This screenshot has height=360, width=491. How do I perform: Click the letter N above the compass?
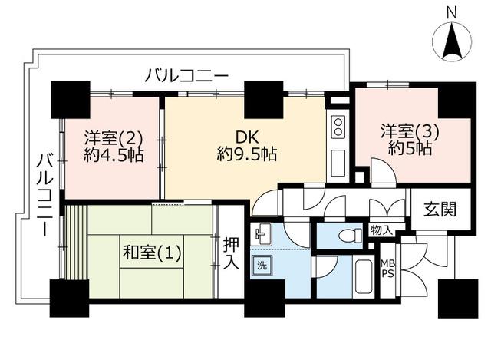click(451, 13)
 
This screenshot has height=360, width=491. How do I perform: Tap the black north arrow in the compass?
click(452, 40)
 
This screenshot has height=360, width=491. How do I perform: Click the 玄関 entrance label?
click(440, 209)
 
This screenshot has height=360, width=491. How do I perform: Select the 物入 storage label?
click(382, 230)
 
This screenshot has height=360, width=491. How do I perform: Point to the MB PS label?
click(387, 269)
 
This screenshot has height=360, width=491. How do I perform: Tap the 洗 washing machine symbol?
click(262, 266)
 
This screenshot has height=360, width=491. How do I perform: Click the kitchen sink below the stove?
click(338, 163)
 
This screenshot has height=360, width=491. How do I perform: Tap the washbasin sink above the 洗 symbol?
click(262, 234)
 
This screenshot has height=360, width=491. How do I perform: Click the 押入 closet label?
click(231, 253)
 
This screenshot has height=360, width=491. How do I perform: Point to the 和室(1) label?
click(152, 253)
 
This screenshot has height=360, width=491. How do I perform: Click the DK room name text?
click(247, 137)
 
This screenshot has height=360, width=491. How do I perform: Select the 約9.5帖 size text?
click(247, 154)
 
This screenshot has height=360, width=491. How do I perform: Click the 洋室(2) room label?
click(114, 137)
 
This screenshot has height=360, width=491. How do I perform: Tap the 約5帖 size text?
click(410, 147)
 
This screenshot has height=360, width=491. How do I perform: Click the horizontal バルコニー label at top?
click(186, 76)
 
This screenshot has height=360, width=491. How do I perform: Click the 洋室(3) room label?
click(410, 131)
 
